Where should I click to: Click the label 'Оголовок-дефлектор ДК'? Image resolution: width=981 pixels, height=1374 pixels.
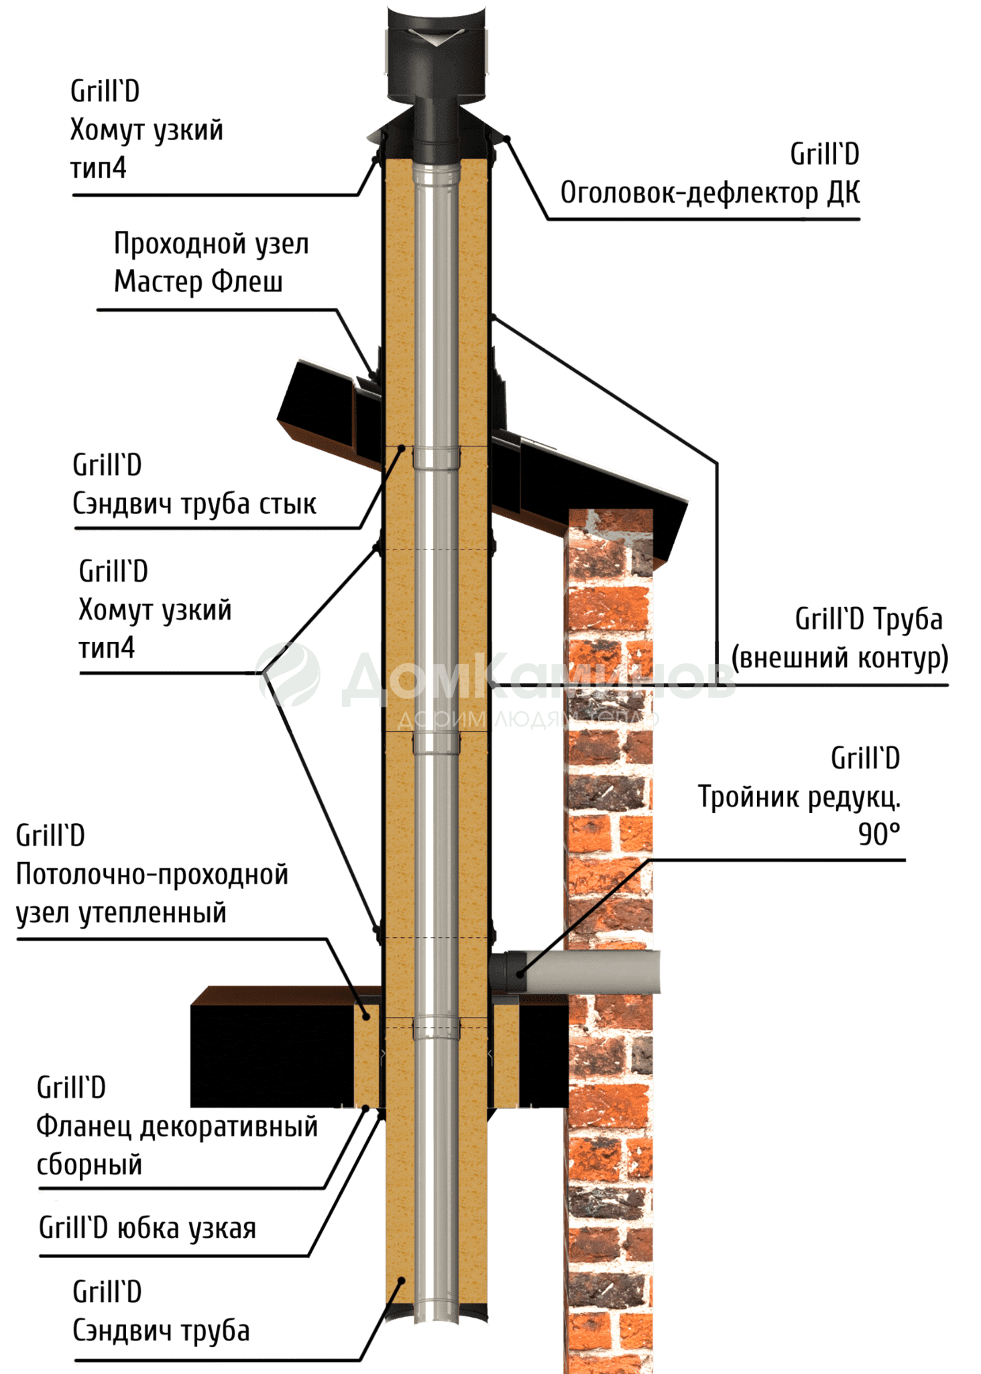coord(709,193)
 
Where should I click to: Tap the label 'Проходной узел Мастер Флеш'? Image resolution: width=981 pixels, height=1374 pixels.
coord(211,262)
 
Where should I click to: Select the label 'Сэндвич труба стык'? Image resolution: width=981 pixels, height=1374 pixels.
coord(194,504)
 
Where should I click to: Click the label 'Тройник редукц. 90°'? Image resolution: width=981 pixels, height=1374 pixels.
coord(799,797)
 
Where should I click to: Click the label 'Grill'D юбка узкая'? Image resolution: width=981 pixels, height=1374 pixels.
coord(148,1228)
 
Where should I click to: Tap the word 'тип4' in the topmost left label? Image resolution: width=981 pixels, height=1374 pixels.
coord(99,168)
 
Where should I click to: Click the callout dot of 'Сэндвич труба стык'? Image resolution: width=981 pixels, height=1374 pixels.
coord(401,448)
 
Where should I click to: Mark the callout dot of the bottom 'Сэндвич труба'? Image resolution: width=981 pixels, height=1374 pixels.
coord(402,1280)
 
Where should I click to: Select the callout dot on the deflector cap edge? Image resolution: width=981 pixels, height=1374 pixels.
coord(508,138)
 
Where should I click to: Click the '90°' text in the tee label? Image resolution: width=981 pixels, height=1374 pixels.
coord(879,835)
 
